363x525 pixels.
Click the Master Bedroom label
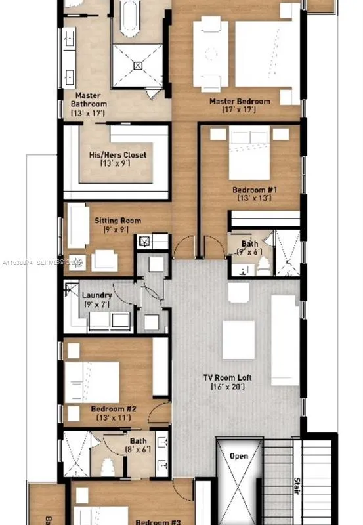240,102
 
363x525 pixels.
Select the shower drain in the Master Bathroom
138,65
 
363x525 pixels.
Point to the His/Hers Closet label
117,155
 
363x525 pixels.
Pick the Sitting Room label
117,221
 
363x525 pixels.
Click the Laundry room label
96,295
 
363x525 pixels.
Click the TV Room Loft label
227,378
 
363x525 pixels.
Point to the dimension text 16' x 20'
227,387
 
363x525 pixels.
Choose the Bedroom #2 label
113,409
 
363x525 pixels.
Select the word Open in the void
238,455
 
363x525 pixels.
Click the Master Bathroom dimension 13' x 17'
88,113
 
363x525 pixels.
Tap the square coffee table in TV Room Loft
238,339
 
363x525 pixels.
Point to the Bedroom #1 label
255,190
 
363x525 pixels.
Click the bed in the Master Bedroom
263,56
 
